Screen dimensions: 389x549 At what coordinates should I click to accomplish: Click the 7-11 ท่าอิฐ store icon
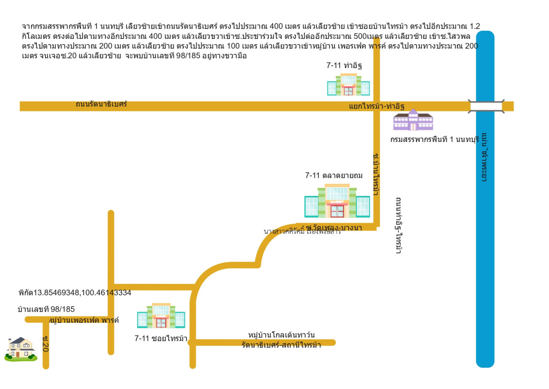348,85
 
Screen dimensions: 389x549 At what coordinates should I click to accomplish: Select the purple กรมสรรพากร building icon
413,120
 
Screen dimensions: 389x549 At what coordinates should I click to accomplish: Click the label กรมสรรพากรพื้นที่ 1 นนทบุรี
434,140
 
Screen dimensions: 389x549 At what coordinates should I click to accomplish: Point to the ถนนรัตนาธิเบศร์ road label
101,104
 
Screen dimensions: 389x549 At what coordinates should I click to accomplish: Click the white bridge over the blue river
485,106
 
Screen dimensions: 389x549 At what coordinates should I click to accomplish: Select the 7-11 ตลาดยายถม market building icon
337,200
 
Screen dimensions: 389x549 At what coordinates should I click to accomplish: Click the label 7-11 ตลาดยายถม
334,176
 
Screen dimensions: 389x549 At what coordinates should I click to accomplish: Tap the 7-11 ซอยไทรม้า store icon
161,316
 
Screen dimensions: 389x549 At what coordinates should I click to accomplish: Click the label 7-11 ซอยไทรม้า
161,338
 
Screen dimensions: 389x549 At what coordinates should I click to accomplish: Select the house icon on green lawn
20,350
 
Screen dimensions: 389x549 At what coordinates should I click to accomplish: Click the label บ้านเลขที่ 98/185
46,309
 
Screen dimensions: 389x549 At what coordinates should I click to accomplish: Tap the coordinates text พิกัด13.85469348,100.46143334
75,293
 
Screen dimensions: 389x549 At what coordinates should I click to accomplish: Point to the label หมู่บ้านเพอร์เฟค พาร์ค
84,320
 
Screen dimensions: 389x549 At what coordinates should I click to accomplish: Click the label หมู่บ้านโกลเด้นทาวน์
282,335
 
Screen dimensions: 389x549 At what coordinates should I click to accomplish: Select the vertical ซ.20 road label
45,343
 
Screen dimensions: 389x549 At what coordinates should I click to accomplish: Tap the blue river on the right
485,243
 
